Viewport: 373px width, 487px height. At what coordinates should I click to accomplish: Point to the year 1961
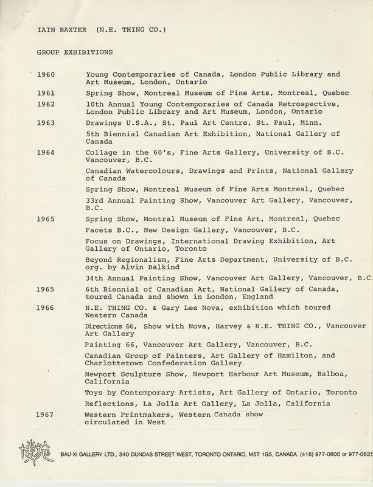point(46,94)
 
